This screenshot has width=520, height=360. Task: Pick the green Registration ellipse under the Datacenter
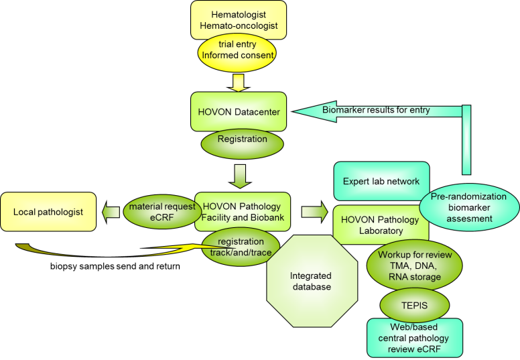(x=242, y=140)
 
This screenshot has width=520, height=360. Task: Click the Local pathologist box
(x=48, y=212)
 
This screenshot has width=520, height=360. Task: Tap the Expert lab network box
(x=381, y=181)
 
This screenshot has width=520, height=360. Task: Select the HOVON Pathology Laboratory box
(x=381, y=225)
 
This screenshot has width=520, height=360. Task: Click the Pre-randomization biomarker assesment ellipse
(x=469, y=208)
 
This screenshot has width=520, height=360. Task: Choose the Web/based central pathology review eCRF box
(x=413, y=339)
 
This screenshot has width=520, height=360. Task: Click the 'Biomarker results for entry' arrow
(x=375, y=110)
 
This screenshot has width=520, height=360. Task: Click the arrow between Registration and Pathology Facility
(x=239, y=176)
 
